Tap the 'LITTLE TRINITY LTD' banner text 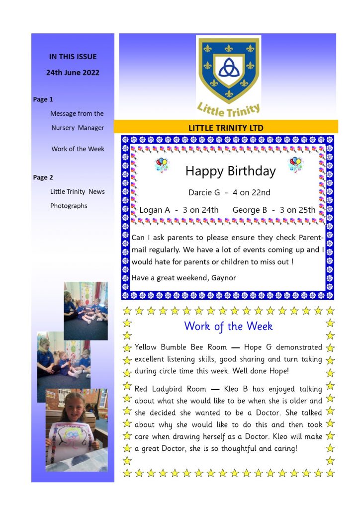(226, 128)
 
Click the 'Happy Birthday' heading (230, 171)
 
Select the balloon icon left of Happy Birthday (162, 165)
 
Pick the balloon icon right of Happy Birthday (295, 165)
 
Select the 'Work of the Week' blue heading (228, 326)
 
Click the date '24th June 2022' (73, 73)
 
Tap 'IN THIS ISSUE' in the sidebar (73, 57)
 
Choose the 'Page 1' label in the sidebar (43, 99)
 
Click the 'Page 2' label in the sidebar (43, 177)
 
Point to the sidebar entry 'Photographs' (69, 206)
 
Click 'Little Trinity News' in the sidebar (77, 191)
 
